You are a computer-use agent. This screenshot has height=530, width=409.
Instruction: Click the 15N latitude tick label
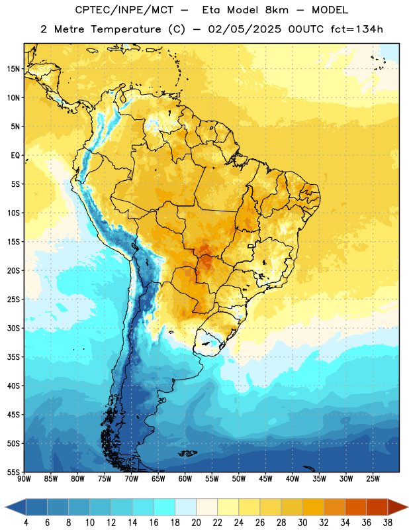pos(13,69)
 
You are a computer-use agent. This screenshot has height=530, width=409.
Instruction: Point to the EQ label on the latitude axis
pos(15,156)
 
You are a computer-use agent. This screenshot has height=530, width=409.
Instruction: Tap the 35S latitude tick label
pos(13,357)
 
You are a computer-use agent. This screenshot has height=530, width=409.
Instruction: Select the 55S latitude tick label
pos(13,472)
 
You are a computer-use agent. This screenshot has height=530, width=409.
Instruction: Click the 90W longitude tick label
pos(24,479)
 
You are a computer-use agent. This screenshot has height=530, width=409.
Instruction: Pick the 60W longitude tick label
pos(185,479)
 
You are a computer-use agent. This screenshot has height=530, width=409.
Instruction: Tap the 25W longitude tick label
pos(373,479)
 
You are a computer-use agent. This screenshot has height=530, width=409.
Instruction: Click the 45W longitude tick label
pos(265,479)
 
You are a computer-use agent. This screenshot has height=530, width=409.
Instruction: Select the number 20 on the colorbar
pos(196,523)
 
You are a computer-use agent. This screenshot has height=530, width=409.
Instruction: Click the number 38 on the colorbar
pos(388,523)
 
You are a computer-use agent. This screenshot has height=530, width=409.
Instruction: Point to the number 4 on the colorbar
pos(26,523)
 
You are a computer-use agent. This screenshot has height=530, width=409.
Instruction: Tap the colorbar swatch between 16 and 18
pos(165,507)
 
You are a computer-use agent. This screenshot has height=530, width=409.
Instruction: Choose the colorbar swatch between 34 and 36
pos(356,507)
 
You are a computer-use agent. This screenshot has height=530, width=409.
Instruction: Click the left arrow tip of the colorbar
pos(5,507)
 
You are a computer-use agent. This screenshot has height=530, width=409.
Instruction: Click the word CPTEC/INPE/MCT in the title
pos(124,10)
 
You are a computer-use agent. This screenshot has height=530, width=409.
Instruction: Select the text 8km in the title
pos(277,10)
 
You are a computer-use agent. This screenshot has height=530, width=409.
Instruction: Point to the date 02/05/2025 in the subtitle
pos(244,29)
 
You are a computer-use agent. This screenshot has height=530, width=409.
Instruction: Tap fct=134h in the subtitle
pos(357,29)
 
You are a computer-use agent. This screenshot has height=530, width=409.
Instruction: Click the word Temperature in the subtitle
pos(126,30)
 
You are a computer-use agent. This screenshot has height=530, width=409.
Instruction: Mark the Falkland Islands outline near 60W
pos(187,453)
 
